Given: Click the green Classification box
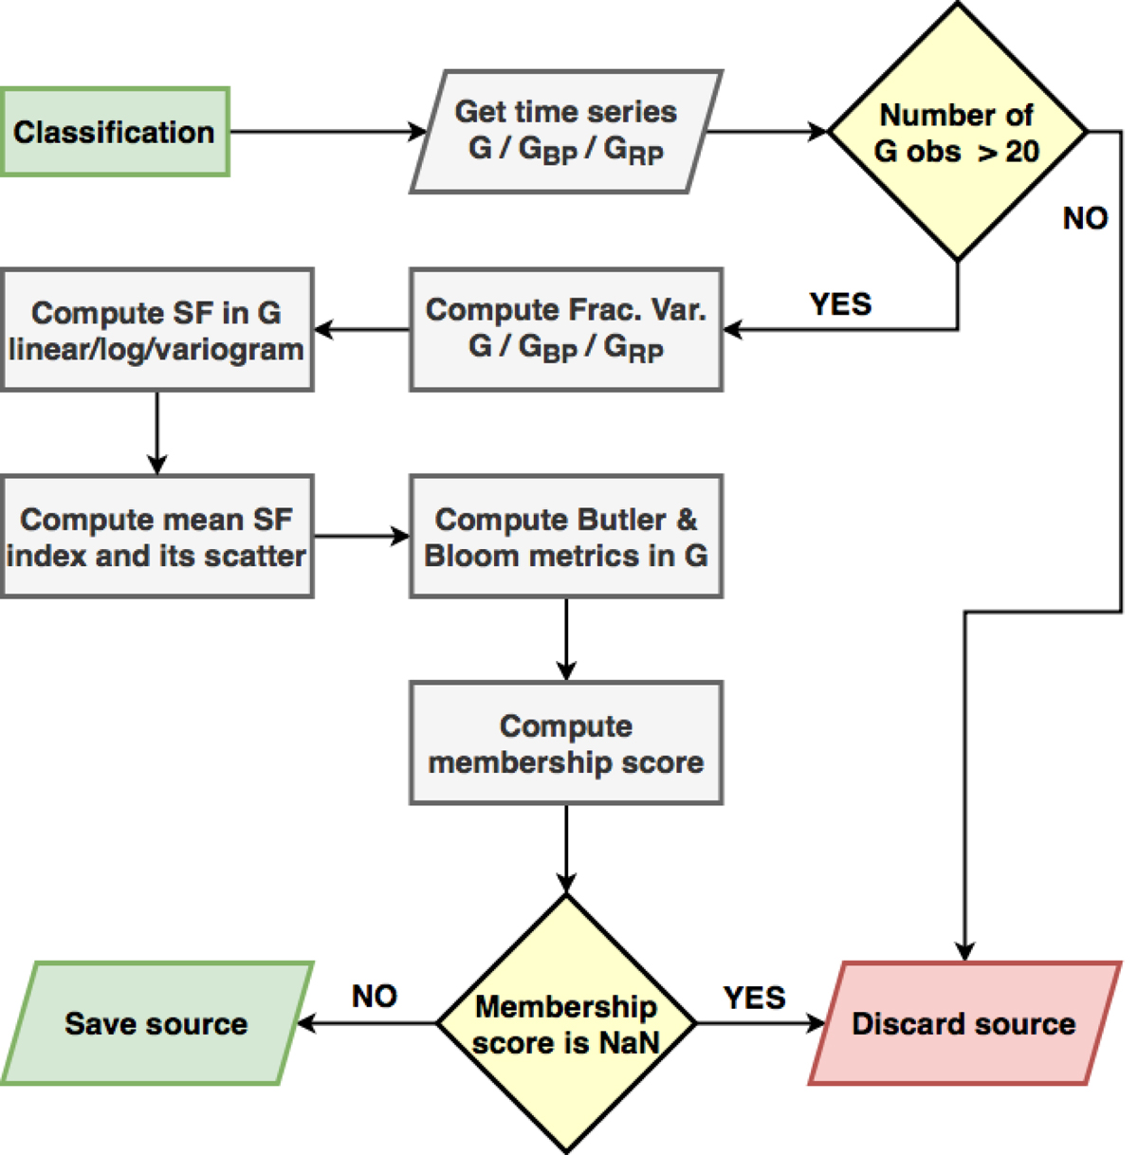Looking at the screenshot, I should coord(115,132).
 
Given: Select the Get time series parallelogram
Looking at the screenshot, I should coord(566,132).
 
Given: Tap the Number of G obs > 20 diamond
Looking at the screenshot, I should coord(958,132).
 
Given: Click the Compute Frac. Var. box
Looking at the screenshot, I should coord(566,329).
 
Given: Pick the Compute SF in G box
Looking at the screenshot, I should coord(156,329).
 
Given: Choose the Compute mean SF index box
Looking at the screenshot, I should coord(156,536).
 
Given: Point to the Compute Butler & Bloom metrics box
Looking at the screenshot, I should coord(566,536).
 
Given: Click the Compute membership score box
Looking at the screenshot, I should coord(566,742).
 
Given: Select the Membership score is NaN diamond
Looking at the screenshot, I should coord(566,1023).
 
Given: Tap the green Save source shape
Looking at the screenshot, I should coord(156,1023).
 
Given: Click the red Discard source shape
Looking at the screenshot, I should coord(964,1023).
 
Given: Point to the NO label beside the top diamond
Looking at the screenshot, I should coord(1085,218).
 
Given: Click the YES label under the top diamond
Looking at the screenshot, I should coord(840,303).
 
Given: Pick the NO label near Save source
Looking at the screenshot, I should coord(374,996).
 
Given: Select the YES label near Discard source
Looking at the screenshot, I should coord(754,997).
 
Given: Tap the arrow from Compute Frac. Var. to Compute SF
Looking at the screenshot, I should coord(362,330).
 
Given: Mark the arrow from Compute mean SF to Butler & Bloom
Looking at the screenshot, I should coord(361,537).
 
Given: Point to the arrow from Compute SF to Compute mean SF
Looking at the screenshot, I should coord(157,432).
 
